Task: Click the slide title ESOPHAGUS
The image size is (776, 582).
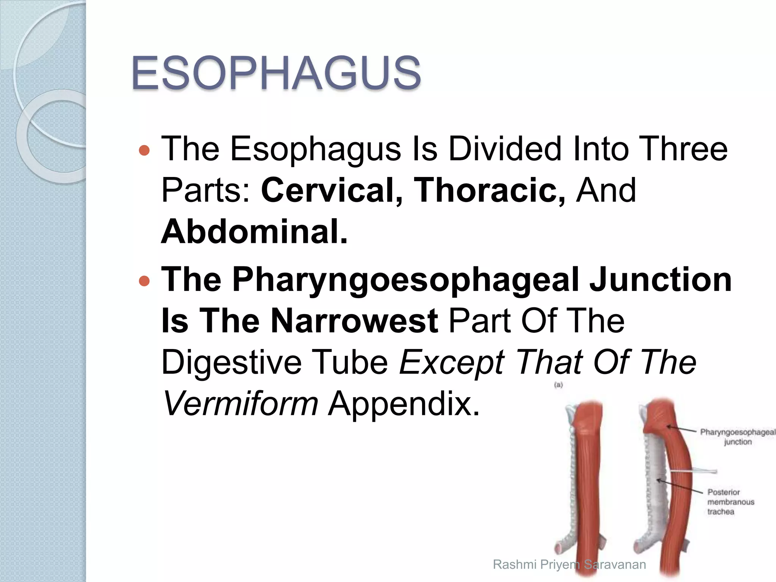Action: (276, 73)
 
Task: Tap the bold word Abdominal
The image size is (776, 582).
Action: (254, 232)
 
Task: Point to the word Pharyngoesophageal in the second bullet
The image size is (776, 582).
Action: (405, 280)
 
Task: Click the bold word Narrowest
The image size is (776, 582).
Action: (355, 321)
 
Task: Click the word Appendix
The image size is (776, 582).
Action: (404, 404)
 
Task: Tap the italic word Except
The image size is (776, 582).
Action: (452, 363)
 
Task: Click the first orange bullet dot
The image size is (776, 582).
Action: (144, 151)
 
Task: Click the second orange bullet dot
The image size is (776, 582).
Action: (144, 281)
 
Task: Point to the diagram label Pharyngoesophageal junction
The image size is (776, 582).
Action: (737, 437)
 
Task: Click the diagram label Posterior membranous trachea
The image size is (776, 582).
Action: (730, 502)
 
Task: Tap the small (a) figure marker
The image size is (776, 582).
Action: (558, 385)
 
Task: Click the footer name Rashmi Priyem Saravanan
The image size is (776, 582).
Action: (569, 565)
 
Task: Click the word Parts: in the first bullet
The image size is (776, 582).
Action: (205, 190)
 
